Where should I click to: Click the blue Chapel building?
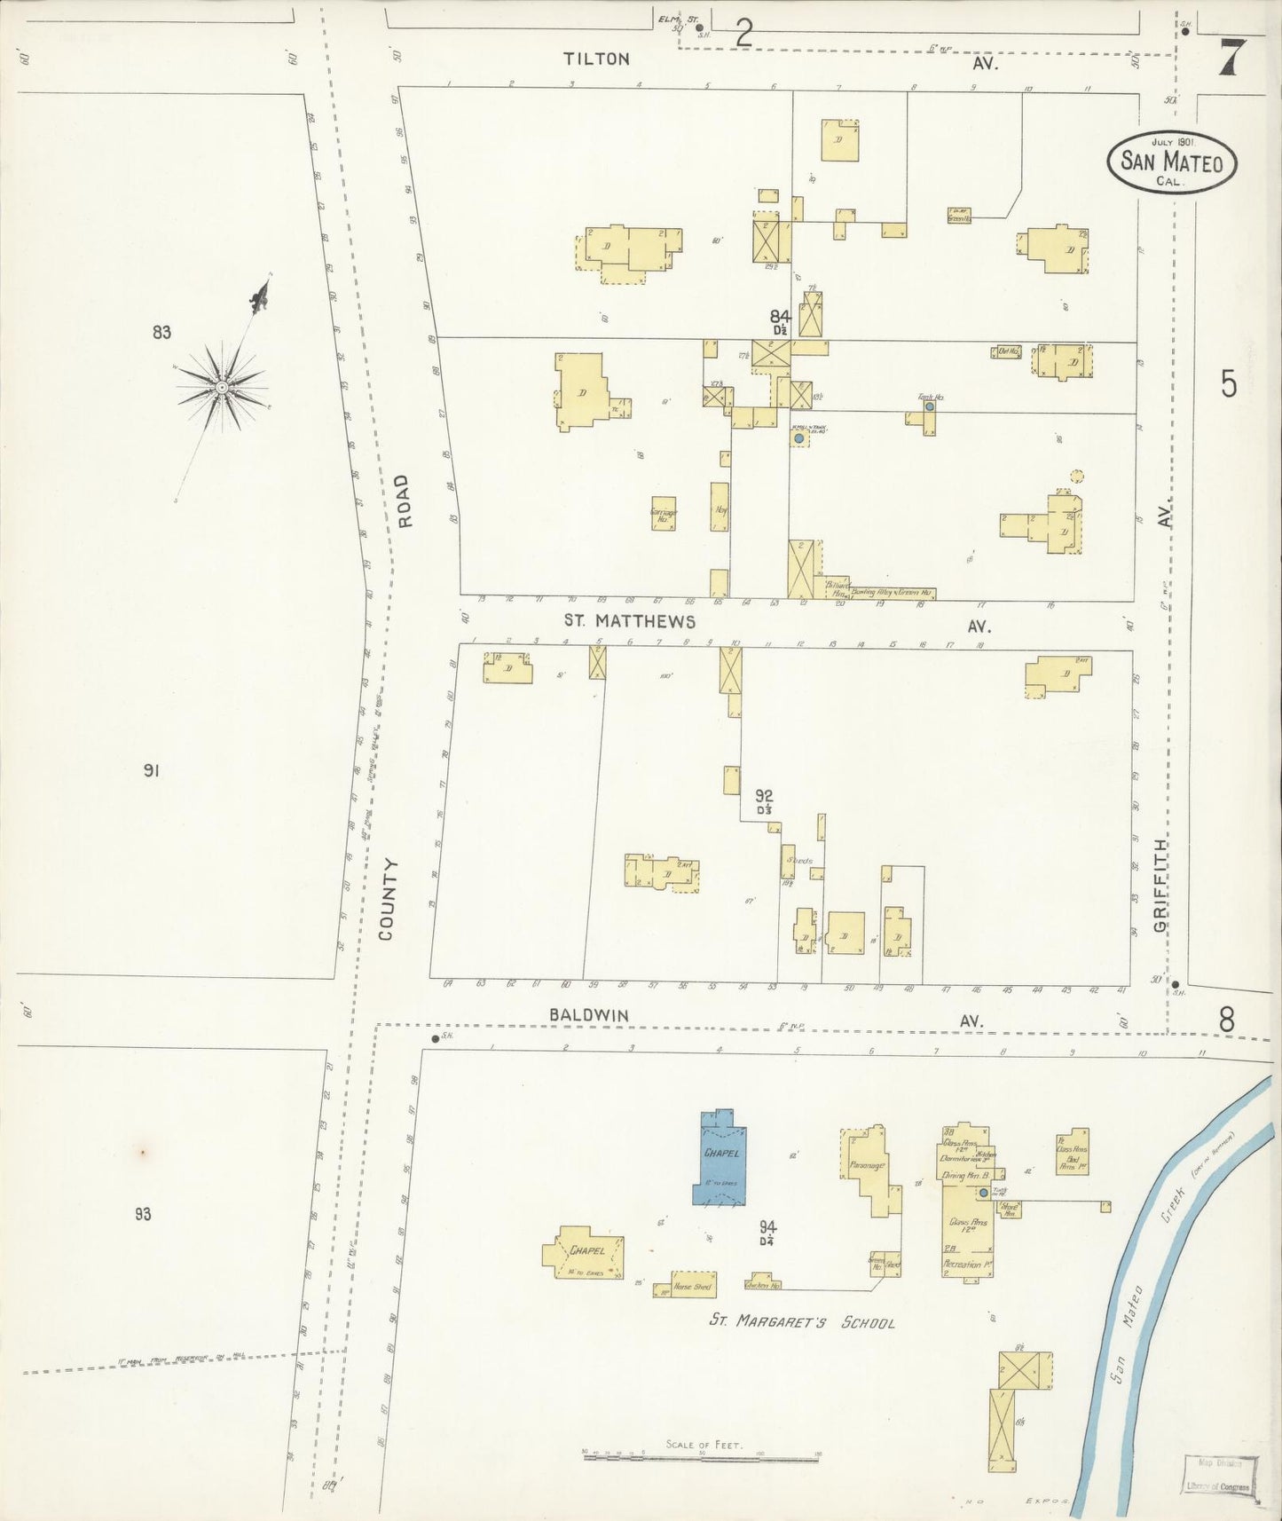(720, 1158)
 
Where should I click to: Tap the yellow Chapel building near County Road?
(585, 1252)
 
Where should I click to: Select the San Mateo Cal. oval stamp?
(1171, 162)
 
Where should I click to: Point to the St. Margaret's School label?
(801, 1322)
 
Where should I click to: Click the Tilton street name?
(597, 59)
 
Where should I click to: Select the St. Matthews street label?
(630, 622)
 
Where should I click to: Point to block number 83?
(161, 333)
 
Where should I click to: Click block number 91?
(151, 770)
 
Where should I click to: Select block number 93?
(143, 1214)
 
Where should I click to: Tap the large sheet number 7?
(1229, 59)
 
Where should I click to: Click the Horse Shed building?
(693, 1286)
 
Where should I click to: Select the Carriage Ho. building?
(663, 514)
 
